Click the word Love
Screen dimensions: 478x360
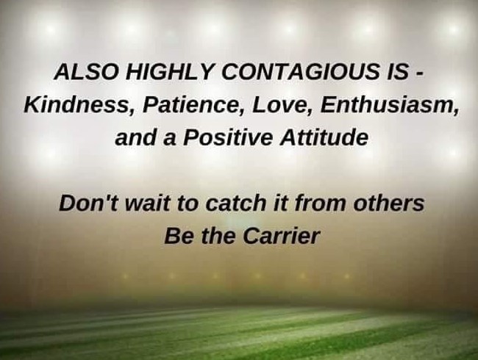click(282, 105)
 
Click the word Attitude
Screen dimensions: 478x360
click(324, 137)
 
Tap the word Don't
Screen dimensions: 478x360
click(88, 204)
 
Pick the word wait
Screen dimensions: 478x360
click(148, 204)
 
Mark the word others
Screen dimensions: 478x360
click(389, 204)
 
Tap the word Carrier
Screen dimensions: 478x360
click(281, 236)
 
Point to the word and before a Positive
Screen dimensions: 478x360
click(135, 137)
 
